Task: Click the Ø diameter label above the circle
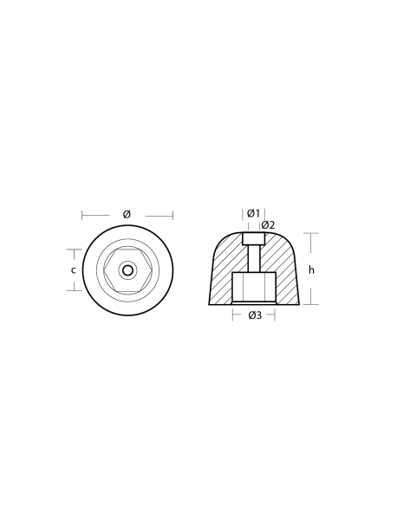[x=127, y=214]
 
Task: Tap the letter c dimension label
[x=73, y=269]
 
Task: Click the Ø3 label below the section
[x=255, y=316]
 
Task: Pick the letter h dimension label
[x=311, y=269]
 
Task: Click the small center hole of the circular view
[x=127, y=269]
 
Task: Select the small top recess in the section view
[x=254, y=239]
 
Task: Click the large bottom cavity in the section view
[x=254, y=287]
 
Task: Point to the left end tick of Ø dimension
[x=82, y=215]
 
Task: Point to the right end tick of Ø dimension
[x=172, y=215]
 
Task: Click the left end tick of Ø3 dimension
[x=232, y=315]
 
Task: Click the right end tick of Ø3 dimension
[x=277, y=315]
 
